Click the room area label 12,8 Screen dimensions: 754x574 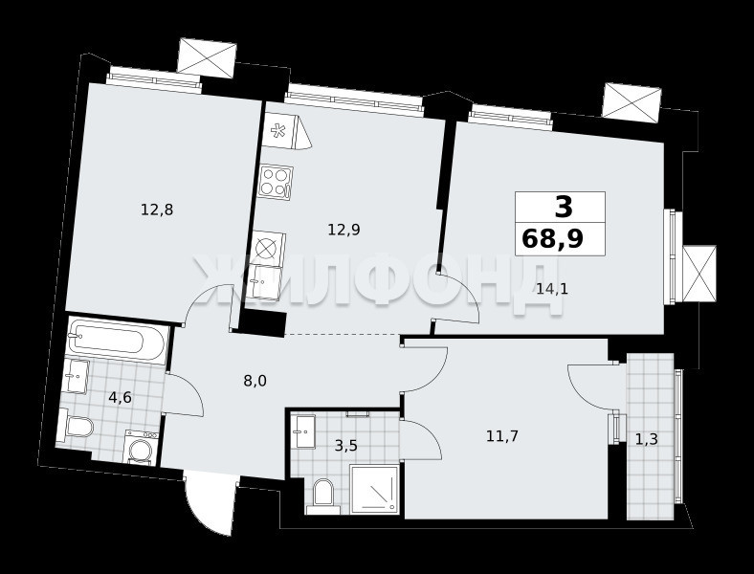(x=157, y=210)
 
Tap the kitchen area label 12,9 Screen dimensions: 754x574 (x=344, y=230)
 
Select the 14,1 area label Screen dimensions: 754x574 (x=552, y=289)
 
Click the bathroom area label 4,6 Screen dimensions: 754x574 (x=120, y=398)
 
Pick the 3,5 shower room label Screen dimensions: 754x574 (x=346, y=446)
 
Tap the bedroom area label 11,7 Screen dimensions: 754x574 (x=502, y=436)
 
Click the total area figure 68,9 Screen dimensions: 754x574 (x=552, y=238)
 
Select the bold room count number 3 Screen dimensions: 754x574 (x=564, y=207)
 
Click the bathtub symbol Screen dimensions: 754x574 (x=117, y=340)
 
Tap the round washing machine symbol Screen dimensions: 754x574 (x=142, y=448)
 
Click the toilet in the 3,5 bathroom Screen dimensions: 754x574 (x=322, y=496)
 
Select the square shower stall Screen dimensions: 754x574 (x=373, y=489)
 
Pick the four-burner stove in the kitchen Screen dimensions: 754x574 (x=276, y=181)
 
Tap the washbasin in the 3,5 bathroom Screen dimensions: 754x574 (x=305, y=431)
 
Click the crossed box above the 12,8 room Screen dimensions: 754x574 (x=207, y=58)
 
